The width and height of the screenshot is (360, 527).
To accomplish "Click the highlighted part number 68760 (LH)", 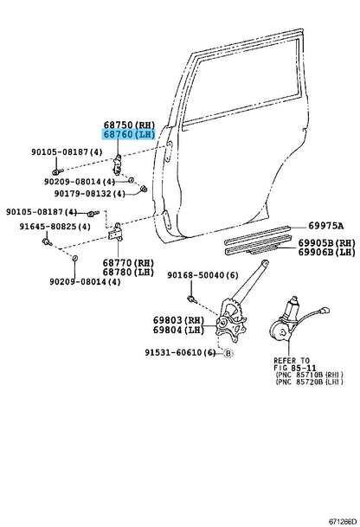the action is coord(128,134).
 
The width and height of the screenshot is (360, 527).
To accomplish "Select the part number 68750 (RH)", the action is coord(129,125).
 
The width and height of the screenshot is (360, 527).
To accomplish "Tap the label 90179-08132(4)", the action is coord(90,194).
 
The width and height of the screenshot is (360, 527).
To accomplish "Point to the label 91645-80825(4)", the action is coord(55,227).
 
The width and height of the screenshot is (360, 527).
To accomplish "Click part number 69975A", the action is coord(326,226).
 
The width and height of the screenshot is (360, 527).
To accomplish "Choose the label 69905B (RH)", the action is coord(327,242).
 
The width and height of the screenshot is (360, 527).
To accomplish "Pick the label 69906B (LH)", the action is coord(327,252).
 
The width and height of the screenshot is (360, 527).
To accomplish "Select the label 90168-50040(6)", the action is coord(202,275).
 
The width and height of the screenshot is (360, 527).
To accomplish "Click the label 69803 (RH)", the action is coord(178,320).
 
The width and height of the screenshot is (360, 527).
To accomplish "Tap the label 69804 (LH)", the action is coord(178,330).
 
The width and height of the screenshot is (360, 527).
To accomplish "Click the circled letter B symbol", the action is coord(228,353).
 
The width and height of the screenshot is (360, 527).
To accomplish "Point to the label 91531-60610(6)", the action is coord(180,352).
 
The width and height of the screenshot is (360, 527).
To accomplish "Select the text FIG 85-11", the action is coord(295,368).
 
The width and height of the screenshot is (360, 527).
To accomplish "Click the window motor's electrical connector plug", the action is coord(325,310).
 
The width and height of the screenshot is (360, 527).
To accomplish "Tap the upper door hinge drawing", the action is coord(118,165).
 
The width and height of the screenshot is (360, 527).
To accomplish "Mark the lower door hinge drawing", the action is coord(116,232).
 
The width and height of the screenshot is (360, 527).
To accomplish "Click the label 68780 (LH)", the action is coord(128,273).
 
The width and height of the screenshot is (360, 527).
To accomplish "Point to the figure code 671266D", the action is coord(343,522).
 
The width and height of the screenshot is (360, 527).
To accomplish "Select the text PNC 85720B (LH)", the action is coord(309,382).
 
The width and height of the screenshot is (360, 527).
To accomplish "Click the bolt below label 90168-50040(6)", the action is coord(191,299).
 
